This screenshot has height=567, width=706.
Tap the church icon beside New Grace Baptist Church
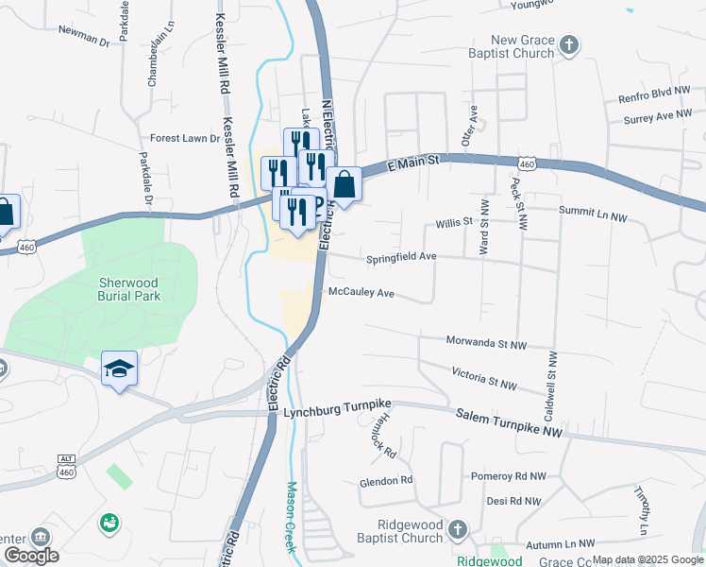click(x=568, y=44)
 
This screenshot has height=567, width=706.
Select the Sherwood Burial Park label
click(x=129, y=288)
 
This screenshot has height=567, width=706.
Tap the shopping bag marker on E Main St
click(x=345, y=184)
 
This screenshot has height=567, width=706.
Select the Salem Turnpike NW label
click(x=509, y=422)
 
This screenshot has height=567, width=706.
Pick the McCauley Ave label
click(x=361, y=293)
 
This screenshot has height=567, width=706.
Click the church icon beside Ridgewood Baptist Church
click(x=458, y=529)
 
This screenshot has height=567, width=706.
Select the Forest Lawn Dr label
click(x=184, y=138)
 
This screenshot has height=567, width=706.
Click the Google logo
click(x=31, y=556)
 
